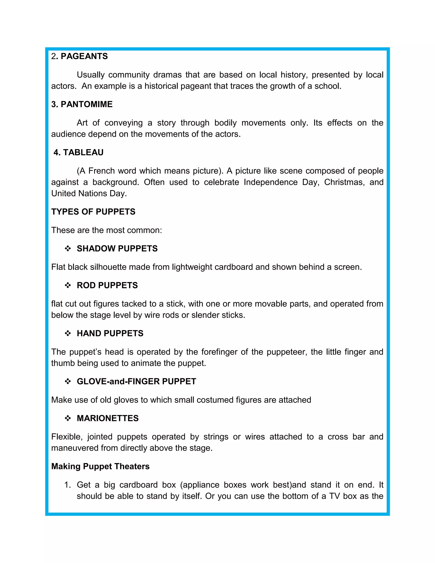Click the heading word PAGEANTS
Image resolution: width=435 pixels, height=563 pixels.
click(x=84, y=56)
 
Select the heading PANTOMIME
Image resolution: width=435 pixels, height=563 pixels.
click(x=82, y=104)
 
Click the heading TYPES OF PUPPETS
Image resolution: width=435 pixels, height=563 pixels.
click(x=93, y=212)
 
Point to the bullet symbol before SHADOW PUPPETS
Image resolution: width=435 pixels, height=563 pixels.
click(x=68, y=249)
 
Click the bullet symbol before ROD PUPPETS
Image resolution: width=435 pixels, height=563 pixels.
click(x=68, y=285)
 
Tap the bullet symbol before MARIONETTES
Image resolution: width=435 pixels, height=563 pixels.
click(x=68, y=418)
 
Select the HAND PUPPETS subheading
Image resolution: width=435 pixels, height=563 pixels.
click(x=110, y=333)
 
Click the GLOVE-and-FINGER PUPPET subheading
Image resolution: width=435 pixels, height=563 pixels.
click(x=136, y=381)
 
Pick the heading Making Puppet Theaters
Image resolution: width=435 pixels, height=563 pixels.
click(x=100, y=466)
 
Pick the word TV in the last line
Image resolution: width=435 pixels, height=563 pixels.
click(x=335, y=496)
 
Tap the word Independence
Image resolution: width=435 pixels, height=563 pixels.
click(x=271, y=182)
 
